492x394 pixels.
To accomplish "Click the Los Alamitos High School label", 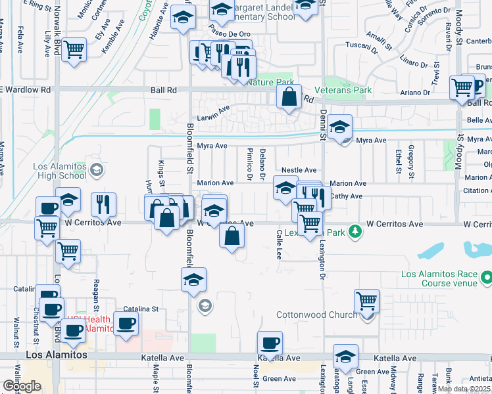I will pyautogui.click(x=60, y=170).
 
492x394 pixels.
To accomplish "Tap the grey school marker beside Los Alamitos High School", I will pyautogui.click(x=96, y=171).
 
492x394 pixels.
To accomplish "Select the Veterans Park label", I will pyautogui.click(x=342, y=90).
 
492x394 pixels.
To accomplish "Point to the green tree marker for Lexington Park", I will pyautogui.click(x=355, y=231).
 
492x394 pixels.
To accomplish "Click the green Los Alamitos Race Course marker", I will pyautogui.click(x=486, y=278).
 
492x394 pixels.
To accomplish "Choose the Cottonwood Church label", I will pyautogui.click(x=316, y=315).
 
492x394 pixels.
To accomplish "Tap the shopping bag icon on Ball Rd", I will pyautogui.click(x=289, y=97).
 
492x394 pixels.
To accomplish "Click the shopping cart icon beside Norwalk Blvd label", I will pyautogui.click(x=74, y=49).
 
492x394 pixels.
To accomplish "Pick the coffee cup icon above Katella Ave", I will pyautogui.click(x=269, y=343).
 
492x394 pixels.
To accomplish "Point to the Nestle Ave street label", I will pyautogui.click(x=299, y=170).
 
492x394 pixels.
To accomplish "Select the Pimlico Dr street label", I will pyautogui.click(x=250, y=164).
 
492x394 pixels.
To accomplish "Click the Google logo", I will pyautogui.click(x=22, y=386).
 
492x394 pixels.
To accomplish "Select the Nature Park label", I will pyautogui.click(x=270, y=82).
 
